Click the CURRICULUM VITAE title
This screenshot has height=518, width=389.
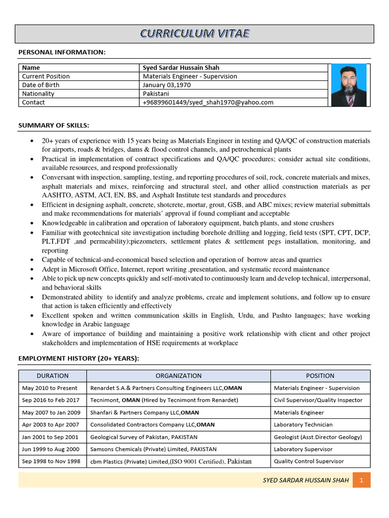pyautogui.click(x=194, y=34)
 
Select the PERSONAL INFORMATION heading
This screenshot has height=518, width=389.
pyautogui.click(x=62, y=53)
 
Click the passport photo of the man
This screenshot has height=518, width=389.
pyautogui.click(x=349, y=85)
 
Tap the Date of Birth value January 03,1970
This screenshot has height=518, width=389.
pyautogui.click(x=167, y=85)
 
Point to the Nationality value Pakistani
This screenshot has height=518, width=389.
pyautogui.click(x=156, y=94)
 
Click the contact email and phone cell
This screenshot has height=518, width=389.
pyautogui.click(x=208, y=102)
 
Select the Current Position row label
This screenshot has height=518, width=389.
pyautogui.click(x=46, y=76)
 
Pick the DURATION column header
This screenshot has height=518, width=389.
pyautogui.click(x=53, y=376)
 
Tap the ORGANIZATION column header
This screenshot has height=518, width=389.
pyautogui.click(x=178, y=376)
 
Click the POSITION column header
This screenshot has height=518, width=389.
pyautogui.click(x=320, y=376)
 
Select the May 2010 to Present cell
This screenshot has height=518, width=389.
pyautogui.click(x=50, y=388)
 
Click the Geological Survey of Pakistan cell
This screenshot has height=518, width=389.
pyautogui.click(x=144, y=437)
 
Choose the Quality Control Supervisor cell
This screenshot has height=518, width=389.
pyautogui.click(x=308, y=461)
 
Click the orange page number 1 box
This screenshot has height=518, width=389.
pyautogui.click(x=362, y=480)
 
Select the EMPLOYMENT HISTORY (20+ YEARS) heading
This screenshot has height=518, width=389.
pyautogui.click(x=79, y=359)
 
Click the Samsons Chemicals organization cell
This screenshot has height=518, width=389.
pyautogui.click(x=153, y=449)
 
